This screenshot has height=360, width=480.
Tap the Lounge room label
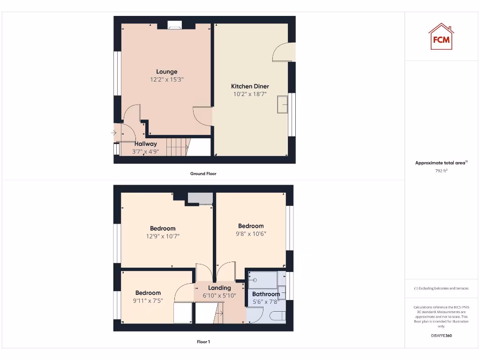(x=167, y=72)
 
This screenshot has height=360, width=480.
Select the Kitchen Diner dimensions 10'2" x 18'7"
(x=250, y=94)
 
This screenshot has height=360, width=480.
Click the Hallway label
(x=146, y=144)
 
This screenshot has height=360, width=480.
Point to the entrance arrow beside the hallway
(x=113, y=133)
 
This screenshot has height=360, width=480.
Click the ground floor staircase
(x=177, y=147)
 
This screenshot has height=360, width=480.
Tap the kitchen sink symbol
(x=283, y=104)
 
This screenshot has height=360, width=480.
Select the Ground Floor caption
(x=203, y=173)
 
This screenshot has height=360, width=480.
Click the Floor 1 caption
(x=203, y=342)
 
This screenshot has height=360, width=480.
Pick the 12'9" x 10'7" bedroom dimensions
(x=163, y=236)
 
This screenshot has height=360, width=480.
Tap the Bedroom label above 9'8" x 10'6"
(x=251, y=226)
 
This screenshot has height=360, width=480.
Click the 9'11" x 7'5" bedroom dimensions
(x=148, y=300)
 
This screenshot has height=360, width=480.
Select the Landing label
(x=219, y=288)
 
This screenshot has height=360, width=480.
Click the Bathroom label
(x=266, y=294)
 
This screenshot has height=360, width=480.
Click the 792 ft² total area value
(x=441, y=171)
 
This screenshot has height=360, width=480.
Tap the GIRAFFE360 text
(x=441, y=336)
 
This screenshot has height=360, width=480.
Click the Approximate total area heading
(x=441, y=163)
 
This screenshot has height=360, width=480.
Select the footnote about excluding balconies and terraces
(x=441, y=288)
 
